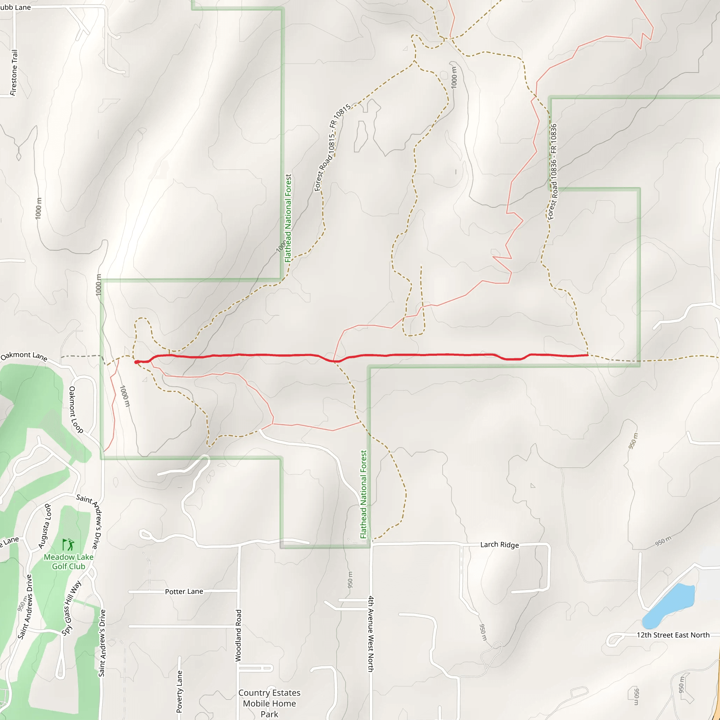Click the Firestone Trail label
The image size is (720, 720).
tap(14, 73)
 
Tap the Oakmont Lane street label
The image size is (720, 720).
tap(24, 356)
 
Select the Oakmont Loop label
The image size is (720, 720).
tap(76, 410)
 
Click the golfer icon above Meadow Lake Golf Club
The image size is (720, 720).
tap(68, 545)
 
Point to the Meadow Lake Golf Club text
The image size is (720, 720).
tap(69, 561)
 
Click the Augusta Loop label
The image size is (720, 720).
tap(44, 526)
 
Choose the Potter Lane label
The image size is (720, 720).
tap(184, 591)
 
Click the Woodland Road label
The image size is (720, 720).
tap(238, 636)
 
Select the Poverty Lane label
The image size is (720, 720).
tap(180, 691)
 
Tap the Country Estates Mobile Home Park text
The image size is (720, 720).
tap(269, 703)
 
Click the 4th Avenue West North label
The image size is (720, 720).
tap(371, 634)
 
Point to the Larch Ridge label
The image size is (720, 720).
tap(499, 545)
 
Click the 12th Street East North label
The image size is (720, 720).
tap(673, 635)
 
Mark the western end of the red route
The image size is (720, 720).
tap(136, 362)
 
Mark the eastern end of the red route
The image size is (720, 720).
tap(588, 355)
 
